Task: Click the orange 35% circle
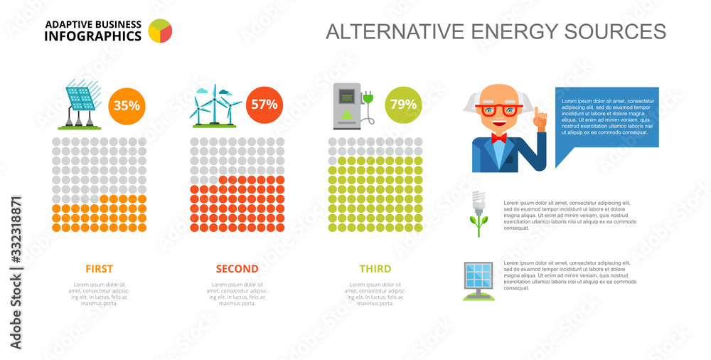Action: [x=127, y=105]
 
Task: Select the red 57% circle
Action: [x=264, y=104]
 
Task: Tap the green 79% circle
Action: [x=403, y=105]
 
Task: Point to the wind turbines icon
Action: [x=215, y=107]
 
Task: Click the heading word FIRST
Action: [x=99, y=269]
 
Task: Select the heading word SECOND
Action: [x=237, y=269]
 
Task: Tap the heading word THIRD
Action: [x=375, y=269]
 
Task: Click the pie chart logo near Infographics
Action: [x=161, y=31]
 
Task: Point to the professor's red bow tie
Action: [x=498, y=138]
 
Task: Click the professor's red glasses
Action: [x=498, y=110]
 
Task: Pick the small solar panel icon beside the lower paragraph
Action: [x=478, y=279]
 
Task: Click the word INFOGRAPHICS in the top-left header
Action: [x=92, y=36]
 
